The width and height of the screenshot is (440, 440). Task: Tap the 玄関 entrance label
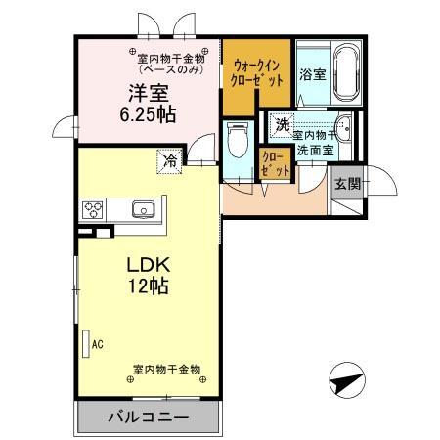coord(346,183)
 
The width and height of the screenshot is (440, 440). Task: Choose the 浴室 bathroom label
coord(312,74)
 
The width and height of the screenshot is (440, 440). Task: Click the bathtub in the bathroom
coord(346,72)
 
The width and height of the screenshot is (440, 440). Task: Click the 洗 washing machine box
coord(283,125)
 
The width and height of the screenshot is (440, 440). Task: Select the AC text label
coord(98,343)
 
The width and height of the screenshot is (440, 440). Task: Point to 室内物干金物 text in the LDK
coord(166,370)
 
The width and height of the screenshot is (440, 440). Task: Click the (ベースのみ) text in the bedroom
coord(171,70)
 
